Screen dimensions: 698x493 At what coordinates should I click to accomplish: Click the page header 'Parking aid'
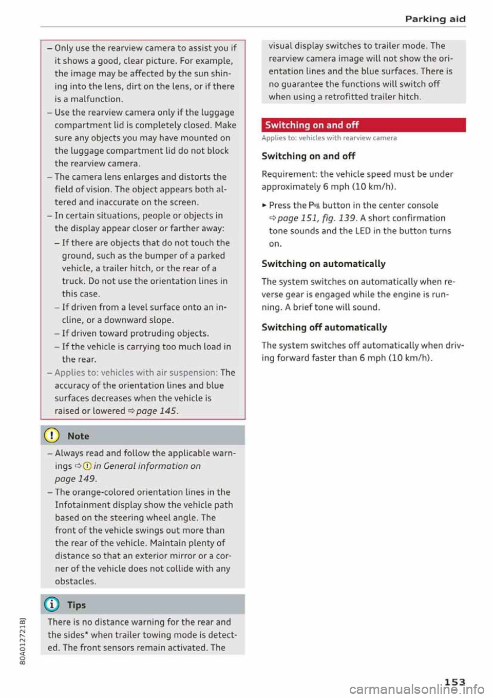click(x=435, y=19)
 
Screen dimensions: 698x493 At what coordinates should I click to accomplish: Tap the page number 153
click(x=454, y=682)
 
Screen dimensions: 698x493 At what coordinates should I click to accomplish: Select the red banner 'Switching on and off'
click(x=363, y=125)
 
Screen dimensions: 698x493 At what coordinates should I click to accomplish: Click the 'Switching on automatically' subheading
click(x=323, y=264)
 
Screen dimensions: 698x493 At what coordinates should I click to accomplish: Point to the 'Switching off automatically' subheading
click(x=324, y=327)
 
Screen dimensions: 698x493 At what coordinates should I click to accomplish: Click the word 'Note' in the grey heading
click(x=78, y=436)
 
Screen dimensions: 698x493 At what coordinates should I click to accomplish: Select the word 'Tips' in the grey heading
click(x=77, y=605)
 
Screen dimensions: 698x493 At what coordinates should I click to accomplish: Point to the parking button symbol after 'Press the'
click(x=314, y=206)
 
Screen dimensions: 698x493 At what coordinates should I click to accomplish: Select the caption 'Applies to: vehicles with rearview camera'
click(x=329, y=138)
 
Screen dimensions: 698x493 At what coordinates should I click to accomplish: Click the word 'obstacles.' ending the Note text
click(x=75, y=581)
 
